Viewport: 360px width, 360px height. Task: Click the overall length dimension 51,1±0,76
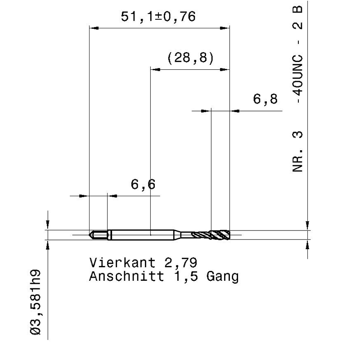pyautogui.click(x=158, y=17)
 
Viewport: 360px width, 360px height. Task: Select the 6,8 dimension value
pyautogui.click(x=265, y=99)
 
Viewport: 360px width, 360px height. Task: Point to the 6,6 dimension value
pyautogui.click(x=143, y=184)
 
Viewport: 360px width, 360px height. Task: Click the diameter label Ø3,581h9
pyautogui.click(x=36, y=302)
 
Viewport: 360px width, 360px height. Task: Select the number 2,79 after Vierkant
pyautogui.click(x=181, y=263)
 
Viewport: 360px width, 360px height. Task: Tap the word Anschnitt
pyautogui.click(x=126, y=276)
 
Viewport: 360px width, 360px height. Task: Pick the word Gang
pyautogui.click(x=222, y=277)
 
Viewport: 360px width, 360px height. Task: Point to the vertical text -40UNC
pyautogui.click(x=298, y=79)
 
